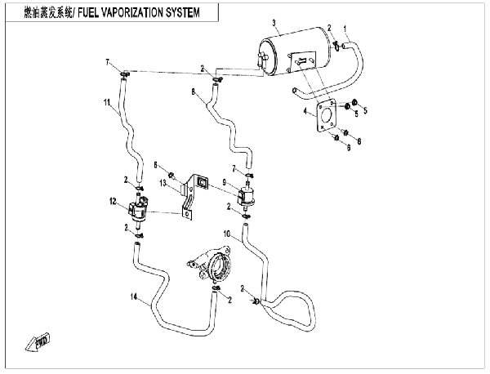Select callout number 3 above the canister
tap(274, 23)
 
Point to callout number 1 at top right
tap(345, 29)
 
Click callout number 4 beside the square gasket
tap(305, 111)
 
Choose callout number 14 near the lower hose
tap(134, 296)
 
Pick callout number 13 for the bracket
tap(163, 183)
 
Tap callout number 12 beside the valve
tap(113, 202)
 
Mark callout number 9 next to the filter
tap(224, 182)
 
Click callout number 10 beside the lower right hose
tap(227, 234)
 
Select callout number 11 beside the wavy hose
tap(107, 102)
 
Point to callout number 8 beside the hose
tap(193, 91)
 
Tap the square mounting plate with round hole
tap(325, 117)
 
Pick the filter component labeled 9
tap(247, 196)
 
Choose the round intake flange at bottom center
tap(212, 262)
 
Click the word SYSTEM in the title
tap(183, 13)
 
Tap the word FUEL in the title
tap(88, 13)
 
